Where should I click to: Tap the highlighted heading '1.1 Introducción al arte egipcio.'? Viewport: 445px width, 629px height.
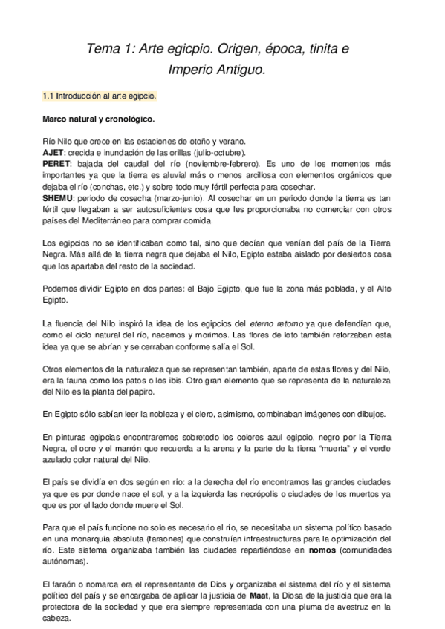(x=100, y=97)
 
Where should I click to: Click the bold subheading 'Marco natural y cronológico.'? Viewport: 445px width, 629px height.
(x=98, y=119)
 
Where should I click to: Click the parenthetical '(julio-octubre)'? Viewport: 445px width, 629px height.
(x=209, y=152)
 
